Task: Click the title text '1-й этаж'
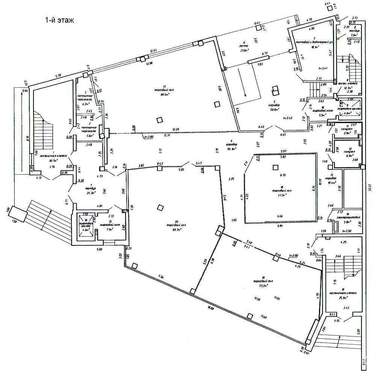click(x=59, y=20)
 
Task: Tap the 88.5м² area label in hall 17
click(x=164, y=94)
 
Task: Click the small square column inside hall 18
click(x=276, y=167)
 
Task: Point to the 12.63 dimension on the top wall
click(x=153, y=50)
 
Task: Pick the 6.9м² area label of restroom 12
click(x=349, y=155)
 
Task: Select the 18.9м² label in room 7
click(x=314, y=47)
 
